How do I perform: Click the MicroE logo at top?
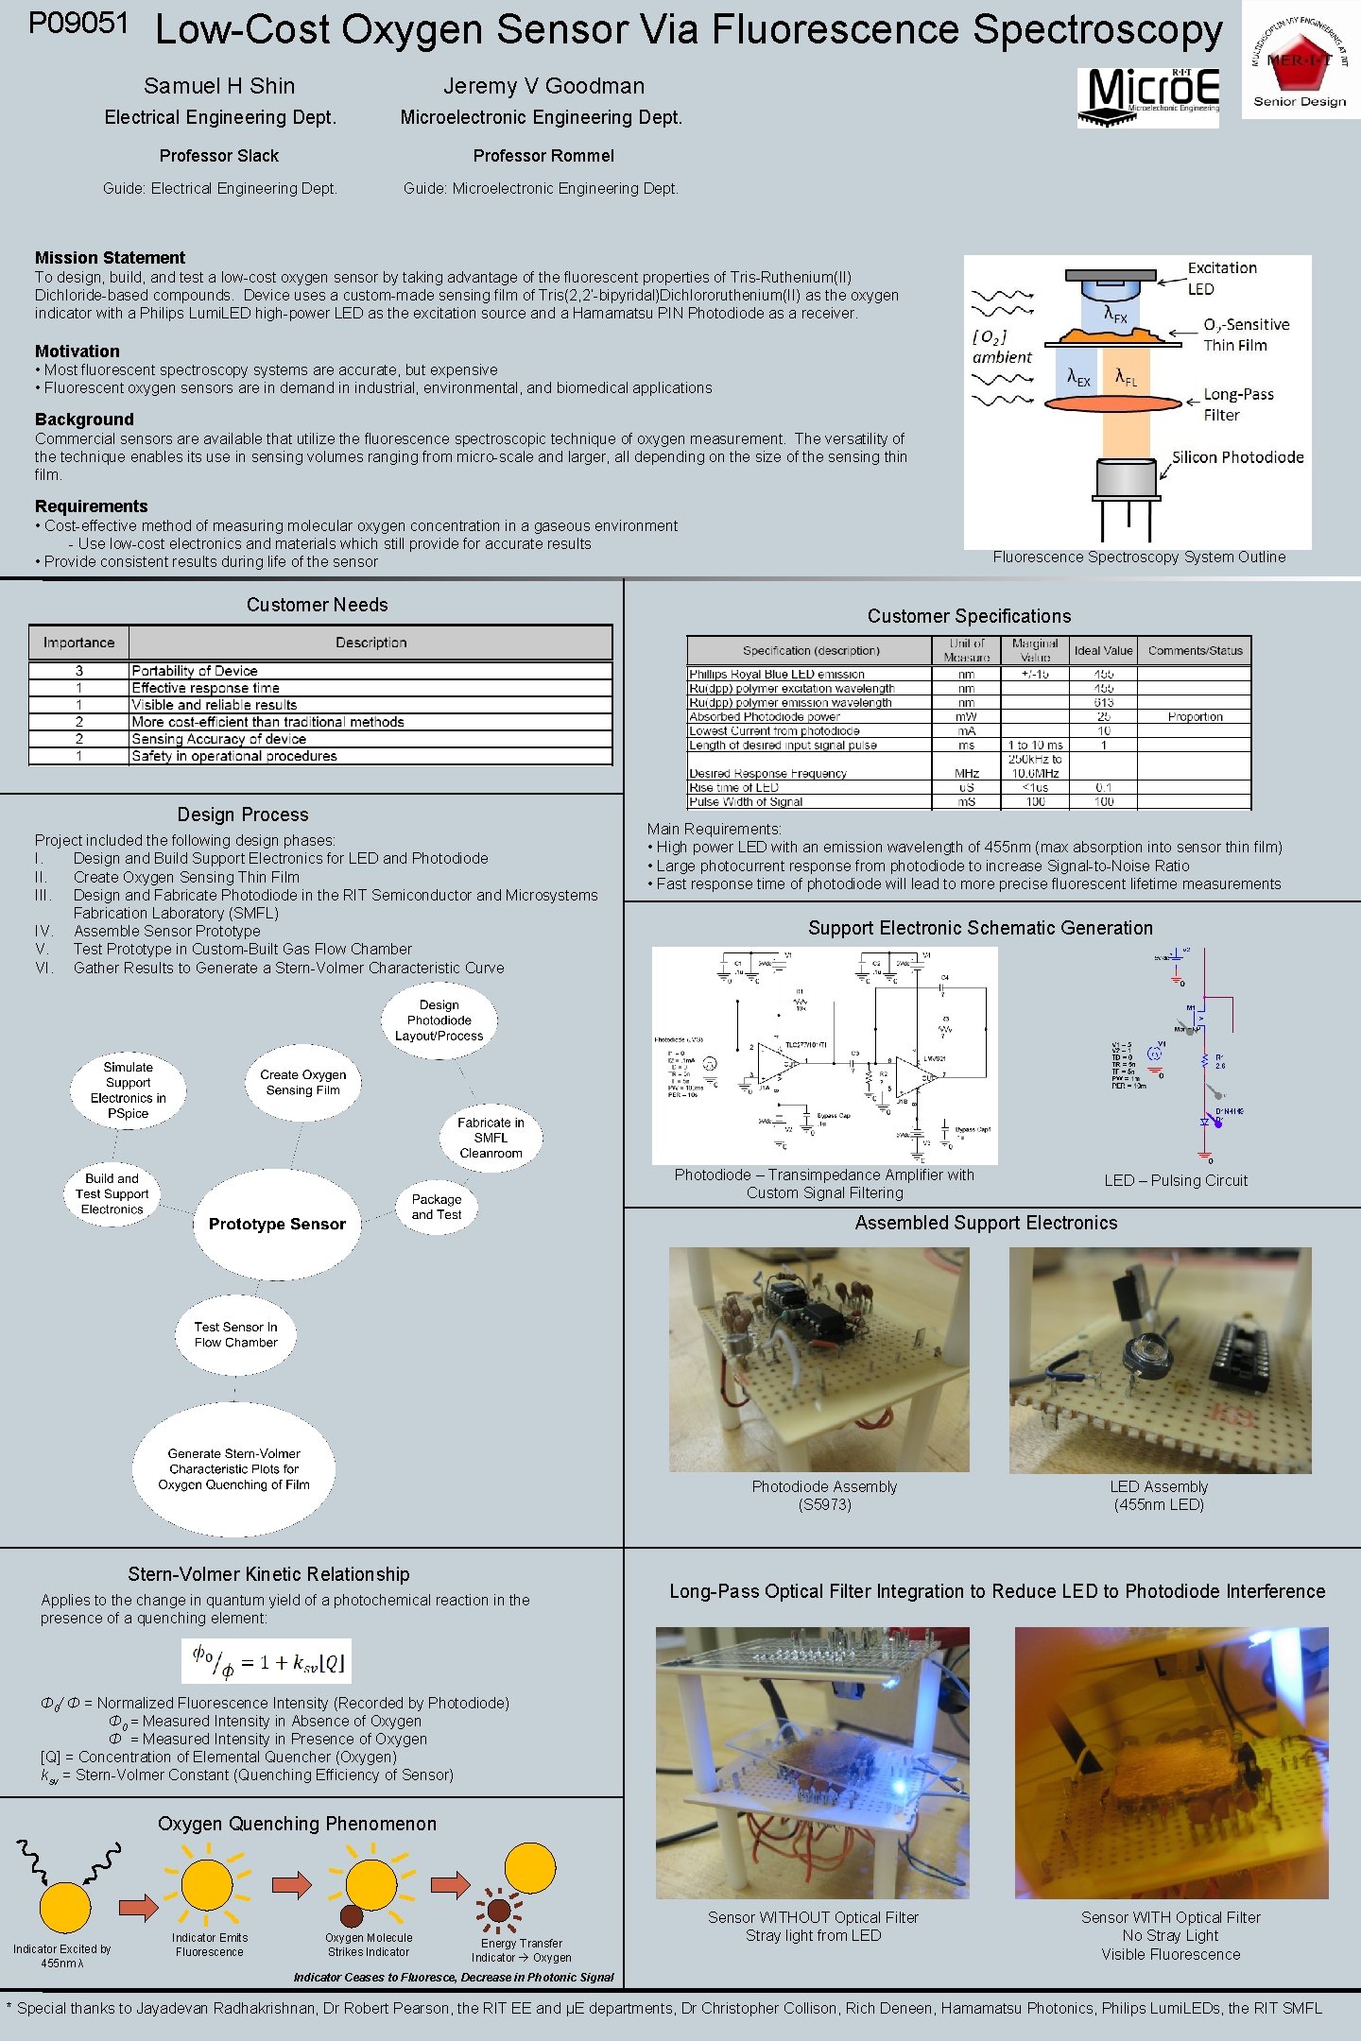[x=1149, y=95]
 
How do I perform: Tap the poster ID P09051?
[x=78, y=24]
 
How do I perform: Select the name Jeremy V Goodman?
[x=543, y=86]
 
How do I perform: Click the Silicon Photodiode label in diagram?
[x=1237, y=457]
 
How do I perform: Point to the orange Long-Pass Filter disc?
[x=1112, y=403]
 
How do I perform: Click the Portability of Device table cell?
[x=195, y=671]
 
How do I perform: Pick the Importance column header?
[x=78, y=643]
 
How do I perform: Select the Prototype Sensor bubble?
[x=277, y=1224]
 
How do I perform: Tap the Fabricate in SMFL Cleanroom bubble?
[x=491, y=1138]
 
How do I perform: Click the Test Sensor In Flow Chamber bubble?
[x=236, y=1334]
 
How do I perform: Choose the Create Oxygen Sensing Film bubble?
[x=302, y=1083]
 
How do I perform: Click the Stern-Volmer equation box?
[x=267, y=1661]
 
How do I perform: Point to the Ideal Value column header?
[x=1103, y=650]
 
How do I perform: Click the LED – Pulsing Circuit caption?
[x=1176, y=1181]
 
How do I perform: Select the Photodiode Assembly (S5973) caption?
[x=824, y=1495]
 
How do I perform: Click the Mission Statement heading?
[x=110, y=258]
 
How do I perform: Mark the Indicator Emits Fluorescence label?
[x=209, y=1944]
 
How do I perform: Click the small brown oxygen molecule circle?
[x=351, y=1915]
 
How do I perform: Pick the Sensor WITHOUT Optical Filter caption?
[x=813, y=1926]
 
